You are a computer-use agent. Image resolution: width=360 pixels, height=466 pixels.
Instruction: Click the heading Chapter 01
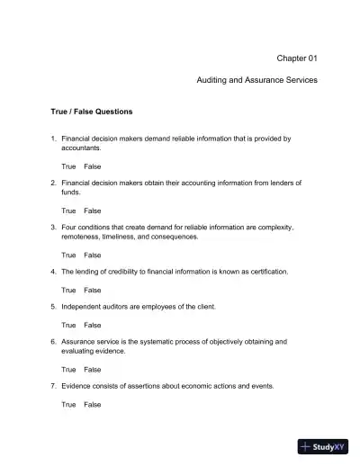pyautogui.click(x=297, y=58)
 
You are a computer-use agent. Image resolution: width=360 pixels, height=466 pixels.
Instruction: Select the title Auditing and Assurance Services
pyautogui.click(x=256, y=80)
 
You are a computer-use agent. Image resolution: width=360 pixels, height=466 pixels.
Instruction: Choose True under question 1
pyautogui.click(x=68, y=167)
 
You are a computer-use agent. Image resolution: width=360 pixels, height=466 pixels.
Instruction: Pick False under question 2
pyautogui.click(x=93, y=211)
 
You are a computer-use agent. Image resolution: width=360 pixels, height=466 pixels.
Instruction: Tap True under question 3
pyautogui.click(x=68, y=255)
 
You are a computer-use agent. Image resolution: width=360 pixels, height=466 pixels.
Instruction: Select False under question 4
pyautogui.click(x=93, y=290)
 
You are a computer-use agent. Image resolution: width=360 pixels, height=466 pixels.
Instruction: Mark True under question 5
pyautogui.click(x=68, y=325)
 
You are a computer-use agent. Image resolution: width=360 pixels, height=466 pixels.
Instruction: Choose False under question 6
pyautogui.click(x=93, y=369)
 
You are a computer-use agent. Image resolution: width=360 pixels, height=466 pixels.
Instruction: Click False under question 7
pyautogui.click(x=93, y=404)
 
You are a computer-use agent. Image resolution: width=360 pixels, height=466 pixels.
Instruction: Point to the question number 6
pyautogui.click(x=53, y=342)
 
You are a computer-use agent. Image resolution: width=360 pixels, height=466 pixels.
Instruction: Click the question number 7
pyautogui.click(x=53, y=386)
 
